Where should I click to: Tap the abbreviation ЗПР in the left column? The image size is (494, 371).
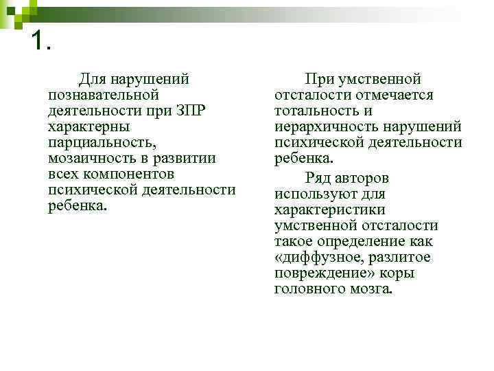click(x=196, y=111)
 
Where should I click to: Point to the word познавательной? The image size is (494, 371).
click(x=104, y=95)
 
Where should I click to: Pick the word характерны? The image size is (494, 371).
click(x=89, y=127)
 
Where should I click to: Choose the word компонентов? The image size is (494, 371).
click(x=123, y=175)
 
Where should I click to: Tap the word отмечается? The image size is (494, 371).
click(x=394, y=95)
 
